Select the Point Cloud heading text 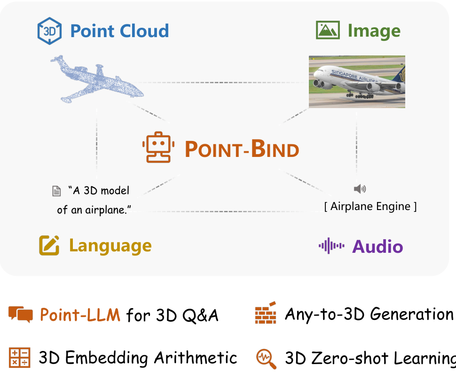119,31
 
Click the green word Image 374,31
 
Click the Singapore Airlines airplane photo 357,82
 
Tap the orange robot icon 158,147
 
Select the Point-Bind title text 242,149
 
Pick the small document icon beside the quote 56,191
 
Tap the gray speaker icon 360,189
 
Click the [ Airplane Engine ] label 370,206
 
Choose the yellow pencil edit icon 49,245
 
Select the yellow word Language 110,246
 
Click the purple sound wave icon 331,246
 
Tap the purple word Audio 377,247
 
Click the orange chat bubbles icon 21,314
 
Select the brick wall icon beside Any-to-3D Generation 266,313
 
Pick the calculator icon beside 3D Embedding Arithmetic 20,358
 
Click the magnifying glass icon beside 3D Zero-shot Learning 266,358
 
